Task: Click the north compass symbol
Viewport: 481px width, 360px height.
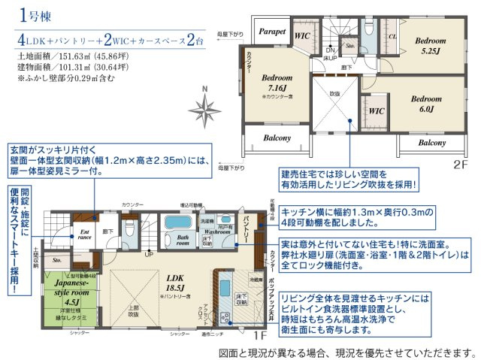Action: click(205, 107)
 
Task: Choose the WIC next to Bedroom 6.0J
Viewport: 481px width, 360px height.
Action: click(378, 110)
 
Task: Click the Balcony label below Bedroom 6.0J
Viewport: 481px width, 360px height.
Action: click(431, 142)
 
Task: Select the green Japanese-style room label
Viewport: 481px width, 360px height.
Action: click(72, 288)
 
